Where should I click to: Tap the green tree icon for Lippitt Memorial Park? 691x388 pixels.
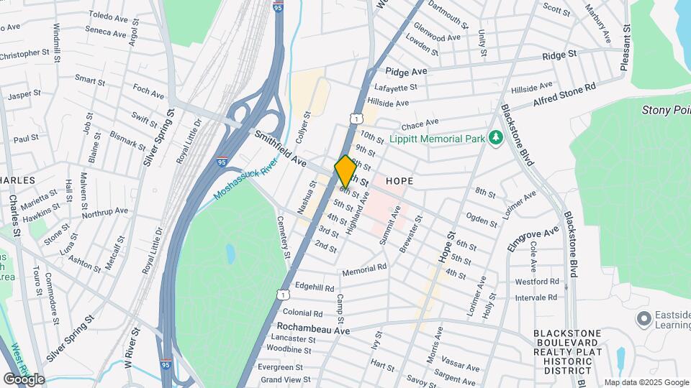coord(494,137)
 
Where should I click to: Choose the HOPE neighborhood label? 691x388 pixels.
coord(399,181)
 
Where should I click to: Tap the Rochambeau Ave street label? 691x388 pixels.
coord(313,329)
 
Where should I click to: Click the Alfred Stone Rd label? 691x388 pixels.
coord(565,95)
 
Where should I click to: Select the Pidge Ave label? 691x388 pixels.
coord(406,71)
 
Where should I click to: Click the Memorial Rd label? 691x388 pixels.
coord(364,269)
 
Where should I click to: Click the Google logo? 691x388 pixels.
coord(24,379)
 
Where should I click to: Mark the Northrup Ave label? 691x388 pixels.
coord(104,212)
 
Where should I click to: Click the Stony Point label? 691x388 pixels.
coord(666,110)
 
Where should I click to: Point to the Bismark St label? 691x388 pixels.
coord(127,139)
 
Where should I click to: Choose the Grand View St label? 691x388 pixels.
coord(286,379)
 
